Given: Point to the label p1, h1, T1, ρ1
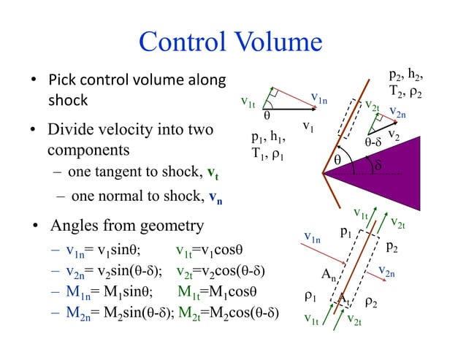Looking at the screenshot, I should point(267,146).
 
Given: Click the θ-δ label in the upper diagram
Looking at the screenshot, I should point(373,142).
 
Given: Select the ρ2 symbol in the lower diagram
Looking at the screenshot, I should point(370,301).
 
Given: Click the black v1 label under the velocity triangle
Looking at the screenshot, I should point(309,129).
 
